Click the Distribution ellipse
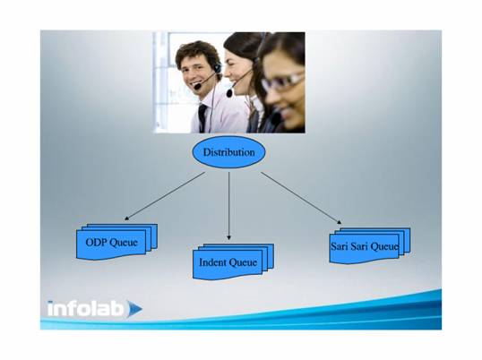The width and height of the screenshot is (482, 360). [x=229, y=152]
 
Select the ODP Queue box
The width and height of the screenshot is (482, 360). [x=116, y=242]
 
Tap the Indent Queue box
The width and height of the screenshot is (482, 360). [x=233, y=261]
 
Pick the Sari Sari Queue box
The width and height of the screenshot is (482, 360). [x=370, y=245]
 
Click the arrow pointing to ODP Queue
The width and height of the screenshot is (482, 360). [x=165, y=196]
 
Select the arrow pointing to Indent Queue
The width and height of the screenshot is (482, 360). [x=229, y=206]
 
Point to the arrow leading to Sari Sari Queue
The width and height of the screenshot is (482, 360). [x=301, y=198]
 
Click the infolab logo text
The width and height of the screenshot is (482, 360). [x=86, y=308]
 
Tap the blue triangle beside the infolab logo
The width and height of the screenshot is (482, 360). [x=134, y=308]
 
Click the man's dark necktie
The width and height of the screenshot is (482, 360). [x=202, y=117]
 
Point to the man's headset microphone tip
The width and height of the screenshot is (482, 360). [x=197, y=86]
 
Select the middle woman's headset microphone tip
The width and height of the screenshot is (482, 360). [x=229, y=92]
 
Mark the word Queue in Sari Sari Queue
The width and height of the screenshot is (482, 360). [x=384, y=246]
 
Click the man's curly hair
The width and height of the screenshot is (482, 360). [x=197, y=52]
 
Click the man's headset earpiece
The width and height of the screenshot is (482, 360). [x=218, y=67]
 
